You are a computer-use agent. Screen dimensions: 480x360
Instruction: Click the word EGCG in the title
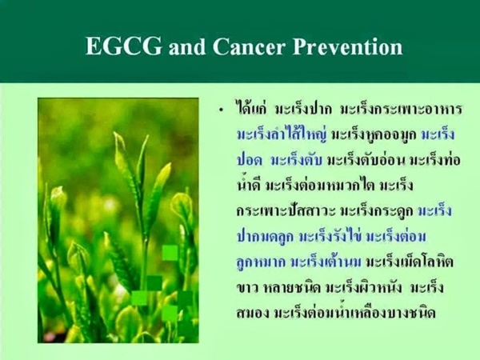(x=123, y=46)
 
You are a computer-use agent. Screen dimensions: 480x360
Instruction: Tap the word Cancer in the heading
(x=249, y=46)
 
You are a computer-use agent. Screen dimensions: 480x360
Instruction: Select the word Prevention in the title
(x=347, y=46)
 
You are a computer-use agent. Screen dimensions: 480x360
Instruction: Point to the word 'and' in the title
(x=186, y=47)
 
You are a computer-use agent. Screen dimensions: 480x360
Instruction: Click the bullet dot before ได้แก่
(x=222, y=111)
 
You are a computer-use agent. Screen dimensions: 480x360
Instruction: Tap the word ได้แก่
(x=251, y=109)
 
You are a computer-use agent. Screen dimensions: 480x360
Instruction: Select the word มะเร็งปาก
(x=303, y=110)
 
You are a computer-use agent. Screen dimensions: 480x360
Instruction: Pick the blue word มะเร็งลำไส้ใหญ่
(x=282, y=134)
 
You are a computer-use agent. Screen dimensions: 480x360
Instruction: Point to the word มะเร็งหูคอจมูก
(x=374, y=135)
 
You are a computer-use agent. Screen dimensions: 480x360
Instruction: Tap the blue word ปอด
(x=250, y=161)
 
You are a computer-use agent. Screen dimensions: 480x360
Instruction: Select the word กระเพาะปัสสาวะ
(x=286, y=211)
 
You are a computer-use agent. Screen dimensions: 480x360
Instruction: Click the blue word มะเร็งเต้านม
(x=326, y=262)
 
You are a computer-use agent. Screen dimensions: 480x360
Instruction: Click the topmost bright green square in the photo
(x=170, y=253)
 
